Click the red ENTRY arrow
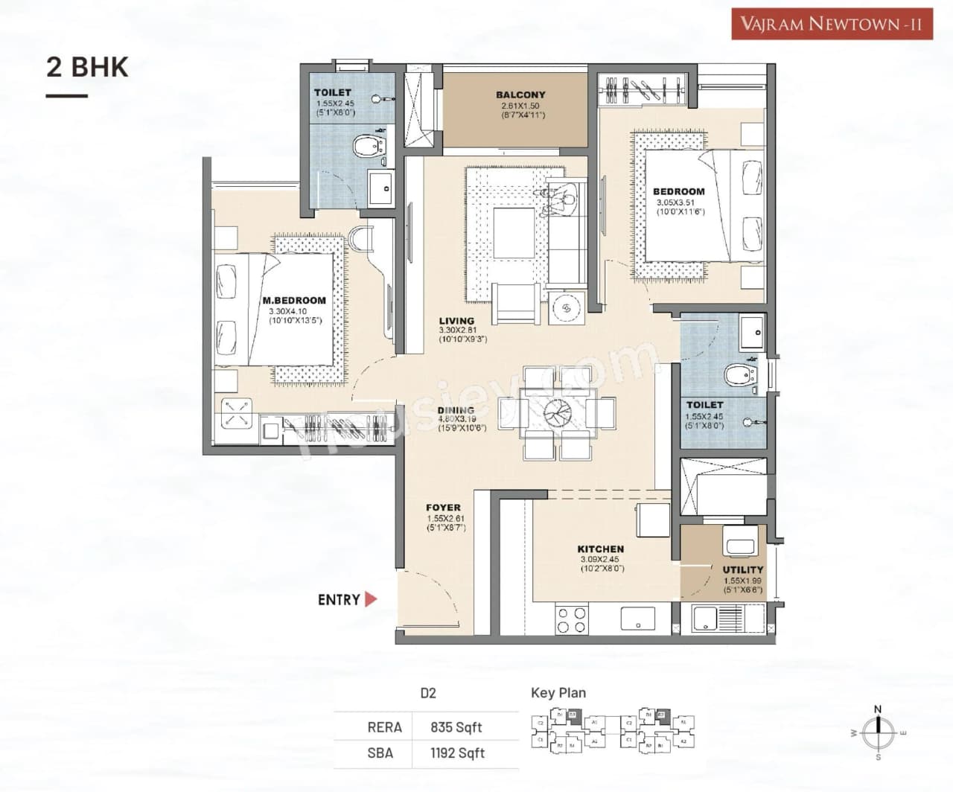point(371,599)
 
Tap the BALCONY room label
point(520,95)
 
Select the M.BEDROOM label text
point(294,301)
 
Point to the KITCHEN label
point(600,549)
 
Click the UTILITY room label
point(742,569)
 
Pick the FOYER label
point(443,508)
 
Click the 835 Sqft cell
point(456,727)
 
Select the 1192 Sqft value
point(457,753)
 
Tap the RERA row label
point(384,727)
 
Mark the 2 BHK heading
point(87,67)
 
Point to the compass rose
point(878,732)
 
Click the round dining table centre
point(556,412)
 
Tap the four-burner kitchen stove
point(572,621)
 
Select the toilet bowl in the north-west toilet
point(367,146)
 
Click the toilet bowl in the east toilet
point(738,375)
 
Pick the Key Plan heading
point(558,693)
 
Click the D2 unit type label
point(427,693)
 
